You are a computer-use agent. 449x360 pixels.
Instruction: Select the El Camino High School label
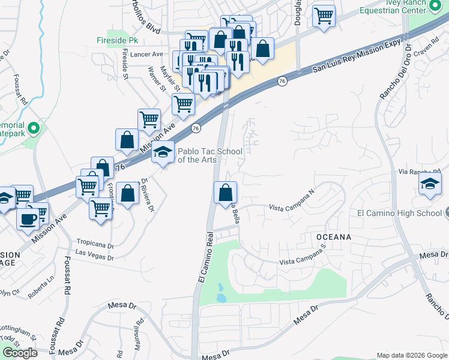click(x=399, y=213)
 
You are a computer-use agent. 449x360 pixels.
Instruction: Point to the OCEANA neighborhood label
click(x=334, y=237)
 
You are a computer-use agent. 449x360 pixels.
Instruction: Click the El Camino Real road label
click(x=205, y=258)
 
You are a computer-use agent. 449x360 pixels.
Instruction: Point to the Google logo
click(x=19, y=353)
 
